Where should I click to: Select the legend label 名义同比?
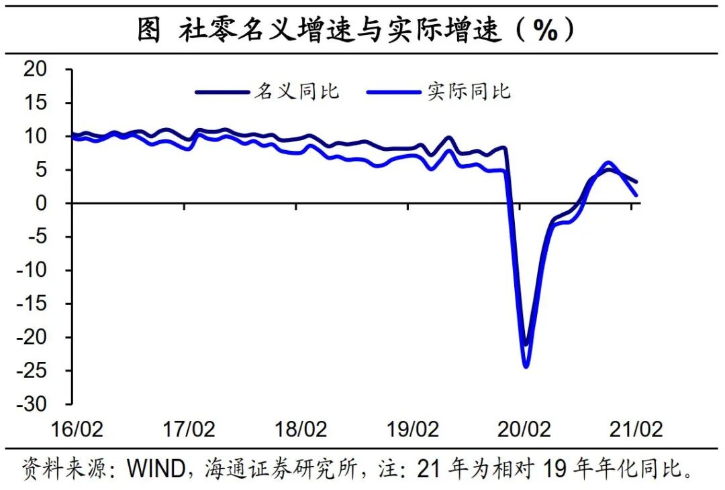[296, 91]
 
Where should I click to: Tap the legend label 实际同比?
[469, 91]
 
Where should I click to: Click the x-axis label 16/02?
[77, 430]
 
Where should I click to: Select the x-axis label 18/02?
[301, 430]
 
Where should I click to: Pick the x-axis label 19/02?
[414, 430]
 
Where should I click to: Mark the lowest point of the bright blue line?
[526, 366]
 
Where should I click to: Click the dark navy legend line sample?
[222, 92]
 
